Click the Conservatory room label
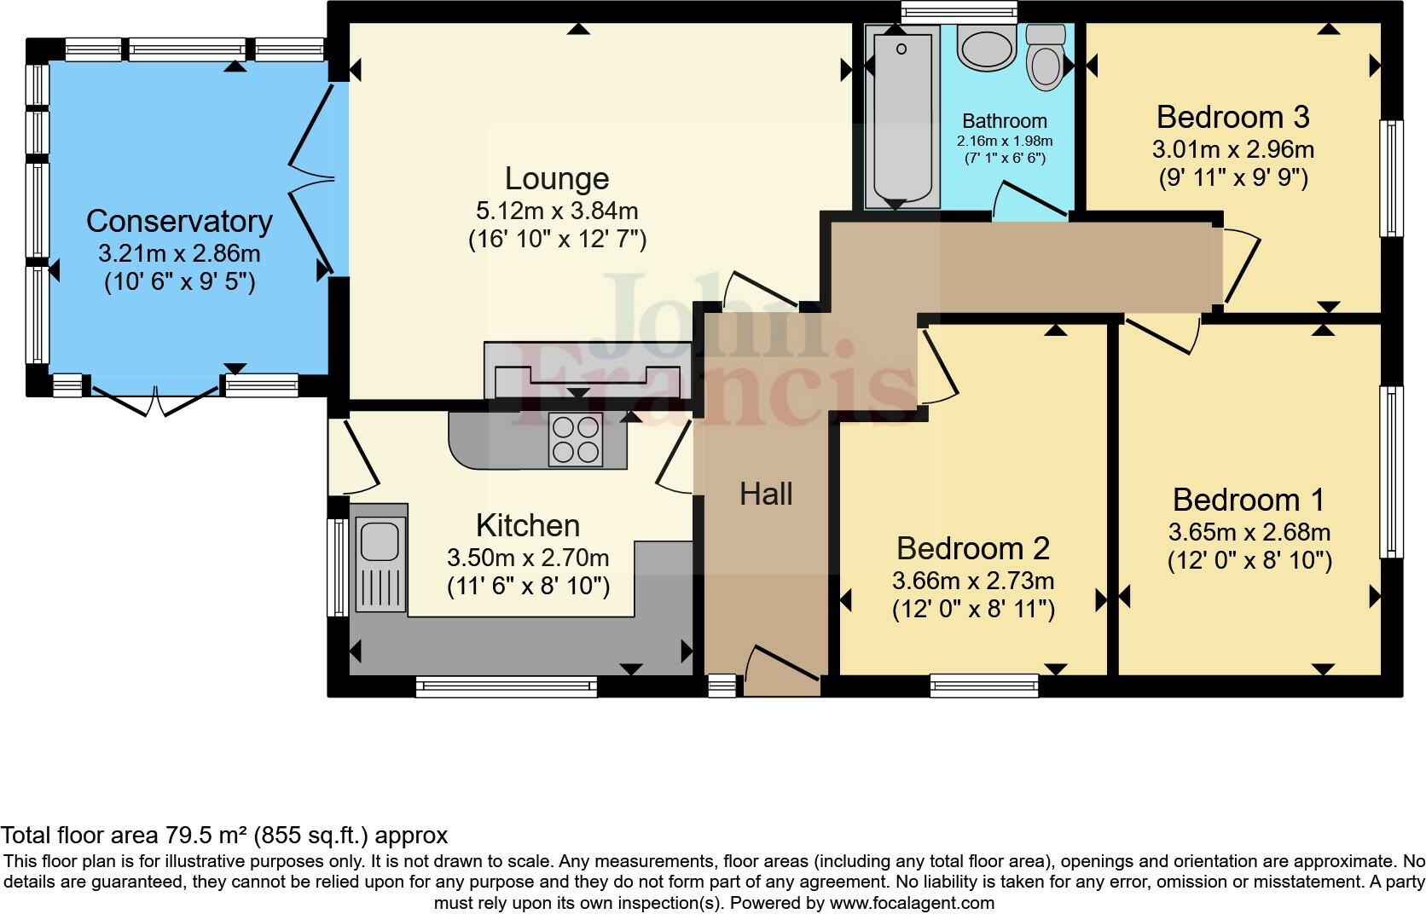(179, 222)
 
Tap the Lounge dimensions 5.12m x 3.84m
(557, 211)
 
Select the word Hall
(766, 494)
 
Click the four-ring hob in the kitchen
(575, 439)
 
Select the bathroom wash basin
(986, 48)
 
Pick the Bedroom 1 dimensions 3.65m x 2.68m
(1249, 533)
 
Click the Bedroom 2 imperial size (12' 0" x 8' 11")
(973, 610)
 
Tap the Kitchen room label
(527, 525)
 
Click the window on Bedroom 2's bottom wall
(984, 685)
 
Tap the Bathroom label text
(1004, 121)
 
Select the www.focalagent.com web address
(911, 902)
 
